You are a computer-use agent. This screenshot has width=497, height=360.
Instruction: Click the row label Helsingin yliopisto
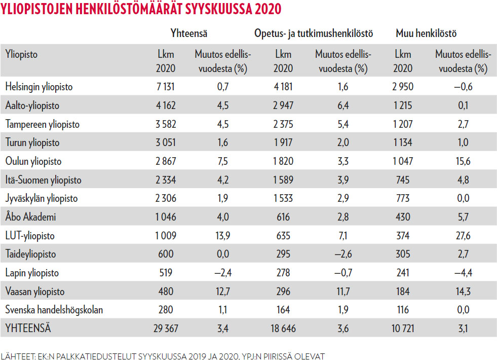click(x=39, y=87)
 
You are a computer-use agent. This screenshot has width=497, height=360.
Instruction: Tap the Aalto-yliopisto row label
click(x=32, y=105)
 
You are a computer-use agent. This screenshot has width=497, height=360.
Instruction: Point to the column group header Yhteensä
click(x=189, y=34)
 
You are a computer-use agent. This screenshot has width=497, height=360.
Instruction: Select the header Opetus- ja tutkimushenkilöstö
click(x=314, y=34)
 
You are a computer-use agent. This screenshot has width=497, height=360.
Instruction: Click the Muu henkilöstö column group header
click(x=426, y=34)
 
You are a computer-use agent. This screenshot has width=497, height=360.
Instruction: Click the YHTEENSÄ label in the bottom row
click(x=28, y=329)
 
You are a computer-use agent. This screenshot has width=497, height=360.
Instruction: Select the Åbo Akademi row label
click(x=30, y=217)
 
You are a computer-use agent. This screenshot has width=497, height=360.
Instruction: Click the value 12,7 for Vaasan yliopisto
click(x=223, y=292)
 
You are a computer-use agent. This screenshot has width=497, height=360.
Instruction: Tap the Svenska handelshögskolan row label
click(x=54, y=310)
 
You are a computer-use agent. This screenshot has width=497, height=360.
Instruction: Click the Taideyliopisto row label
click(x=30, y=255)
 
